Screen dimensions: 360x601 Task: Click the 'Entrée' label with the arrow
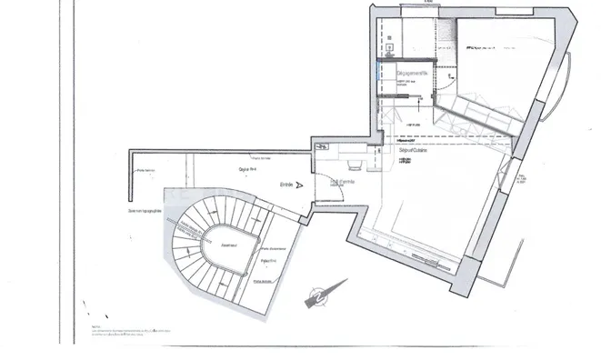tap(286, 184)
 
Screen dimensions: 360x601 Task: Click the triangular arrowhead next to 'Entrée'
tap(299, 184)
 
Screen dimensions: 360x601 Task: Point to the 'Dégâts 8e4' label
tap(245, 169)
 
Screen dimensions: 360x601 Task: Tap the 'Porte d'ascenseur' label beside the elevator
tap(273, 249)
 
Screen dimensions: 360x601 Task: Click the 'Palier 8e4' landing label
tap(268, 261)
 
